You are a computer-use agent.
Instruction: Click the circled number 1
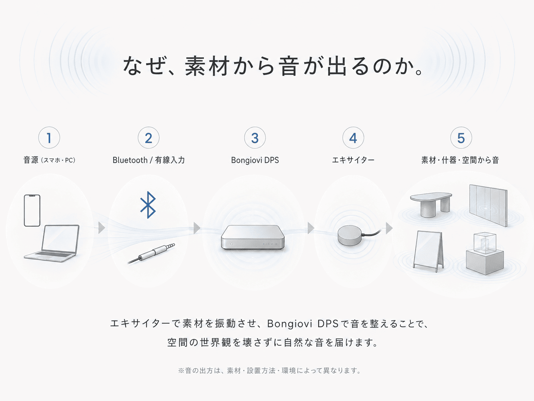click(x=49, y=138)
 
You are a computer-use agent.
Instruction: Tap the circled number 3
click(x=255, y=138)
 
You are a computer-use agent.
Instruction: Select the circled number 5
click(x=461, y=138)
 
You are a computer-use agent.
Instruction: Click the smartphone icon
click(x=32, y=210)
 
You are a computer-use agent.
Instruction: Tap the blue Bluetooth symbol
click(x=148, y=205)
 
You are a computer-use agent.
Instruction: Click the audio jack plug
click(x=151, y=253)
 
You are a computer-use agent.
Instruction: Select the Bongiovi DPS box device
click(x=253, y=237)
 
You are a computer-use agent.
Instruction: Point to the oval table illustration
click(x=431, y=204)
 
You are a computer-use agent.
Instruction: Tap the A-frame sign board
click(x=428, y=251)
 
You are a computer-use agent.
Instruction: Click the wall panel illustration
click(x=488, y=205)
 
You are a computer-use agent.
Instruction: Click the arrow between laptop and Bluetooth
click(x=102, y=228)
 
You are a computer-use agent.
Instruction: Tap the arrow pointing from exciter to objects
click(x=389, y=228)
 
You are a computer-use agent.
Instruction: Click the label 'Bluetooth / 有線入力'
click(x=149, y=160)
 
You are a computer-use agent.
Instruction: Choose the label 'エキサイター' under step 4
click(x=353, y=160)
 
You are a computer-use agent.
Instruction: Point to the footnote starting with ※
click(x=269, y=371)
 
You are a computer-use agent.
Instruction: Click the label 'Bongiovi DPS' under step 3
click(x=255, y=160)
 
